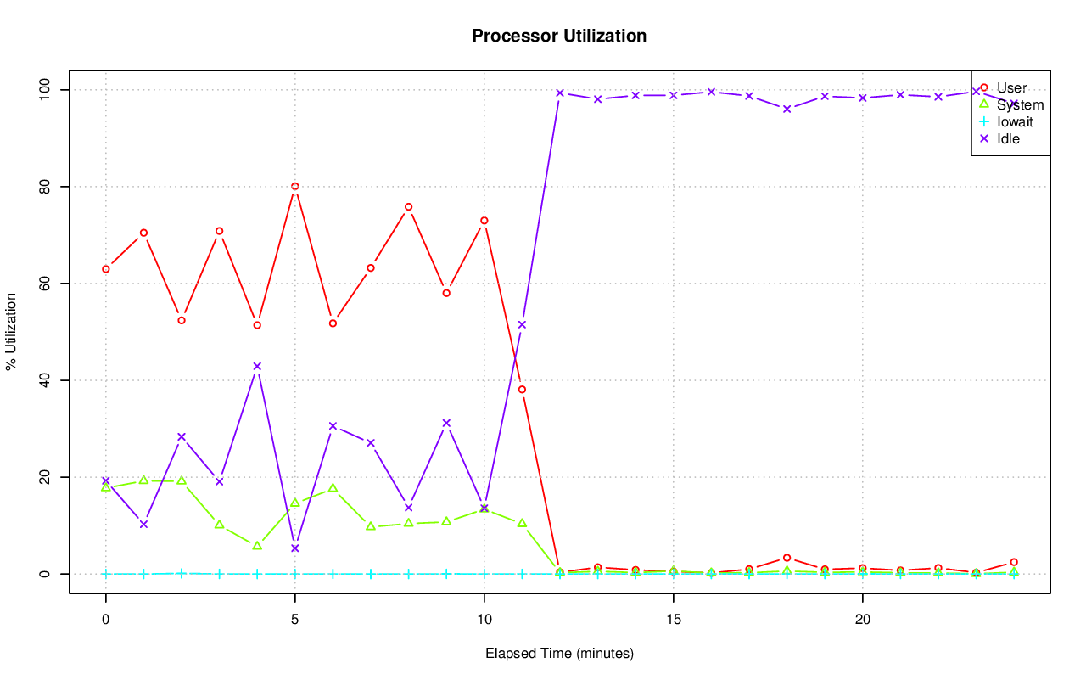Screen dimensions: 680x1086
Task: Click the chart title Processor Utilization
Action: pyautogui.click(x=559, y=36)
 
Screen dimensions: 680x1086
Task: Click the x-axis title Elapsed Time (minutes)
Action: pyautogui.click(x=559, y=654)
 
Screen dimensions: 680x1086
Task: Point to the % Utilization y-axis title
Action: pyautogui.click(x=11, y=331)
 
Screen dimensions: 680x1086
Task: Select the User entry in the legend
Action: pyautogui.click(x=1011, y=87)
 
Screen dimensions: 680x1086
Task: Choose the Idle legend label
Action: pyautogui.click(x=1008, y=138)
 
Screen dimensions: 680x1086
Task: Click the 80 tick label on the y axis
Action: pyautogui.click(x=44, y=187)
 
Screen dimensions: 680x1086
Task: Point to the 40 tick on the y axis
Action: pyautogui.click(x=44, y=380)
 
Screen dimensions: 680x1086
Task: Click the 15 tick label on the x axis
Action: pyautogui.click(x=674, y=620)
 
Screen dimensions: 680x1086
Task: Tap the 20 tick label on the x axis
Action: pyautogui.click(x=863, y=620)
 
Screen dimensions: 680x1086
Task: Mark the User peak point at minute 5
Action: pyautogui.click(x=294, y=187)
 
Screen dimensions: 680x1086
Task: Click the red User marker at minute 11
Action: pyautogui.click(x=522, y=390)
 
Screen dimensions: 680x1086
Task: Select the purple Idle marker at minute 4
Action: pyautogui.click(x=257, y=367)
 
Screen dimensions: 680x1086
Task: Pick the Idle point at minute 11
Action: pyautogui.click(x=522, y=324)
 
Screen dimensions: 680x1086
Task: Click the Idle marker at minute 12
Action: pyautogui.click(x=560, y=93)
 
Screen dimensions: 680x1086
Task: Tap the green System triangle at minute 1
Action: pyautogui.click(x=143, y=480)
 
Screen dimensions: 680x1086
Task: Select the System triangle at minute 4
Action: pyautogui.click(x=257, y=545)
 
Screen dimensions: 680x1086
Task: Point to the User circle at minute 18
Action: pyautogui.click(x=787, y=558)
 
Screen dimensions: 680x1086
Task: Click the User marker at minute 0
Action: pyautogui.click(x=106, y=269)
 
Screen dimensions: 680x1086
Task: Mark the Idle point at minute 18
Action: pyautogui.click(x=787, y=109)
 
